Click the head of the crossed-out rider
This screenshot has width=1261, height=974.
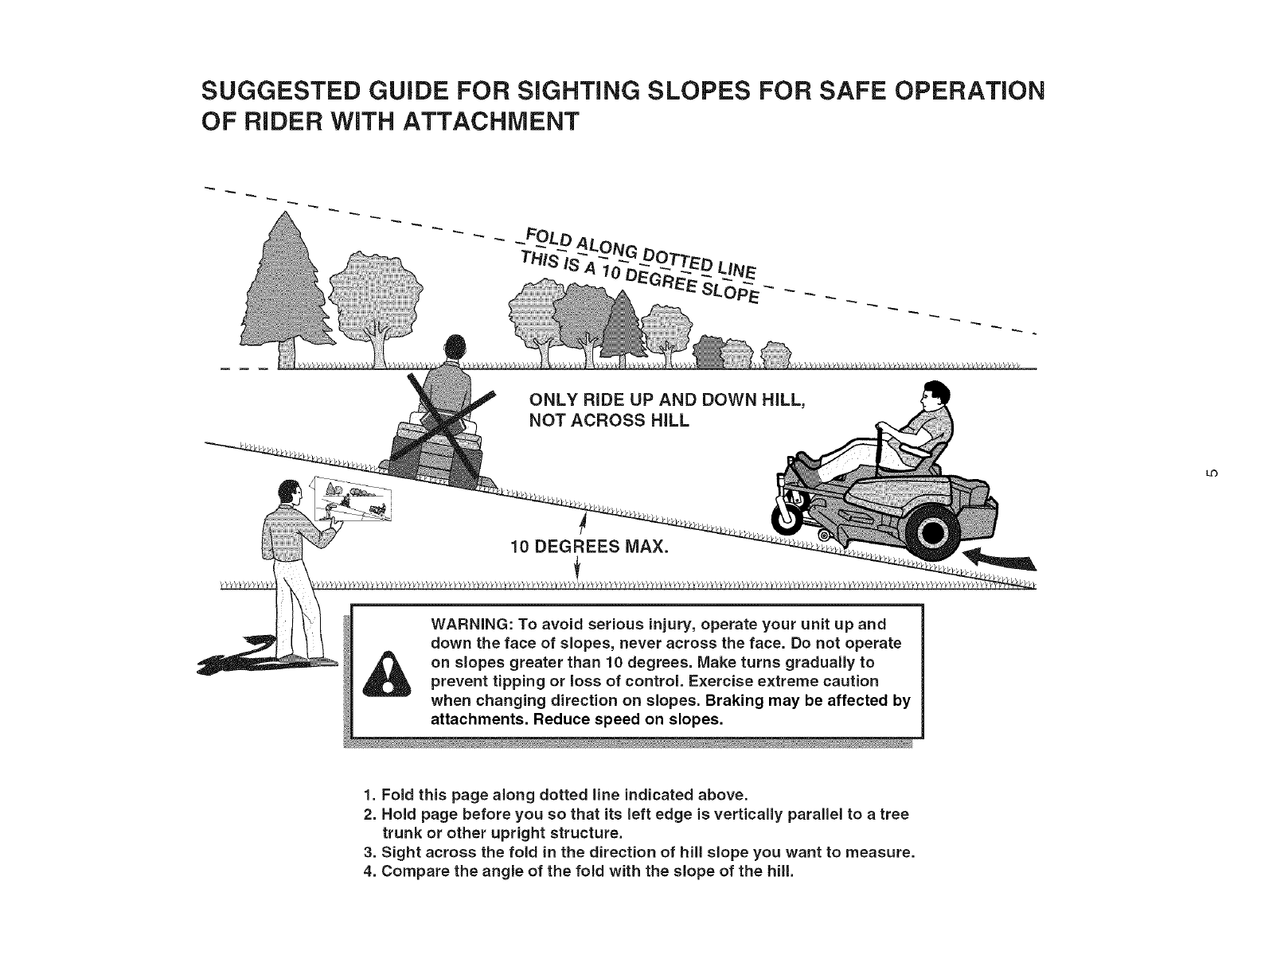pos(455,349)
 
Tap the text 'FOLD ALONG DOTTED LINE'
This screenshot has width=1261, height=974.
pos(637,247)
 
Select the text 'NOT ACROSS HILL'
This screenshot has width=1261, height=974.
pos(609,420)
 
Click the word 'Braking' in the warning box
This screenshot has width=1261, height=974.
pos(735,702)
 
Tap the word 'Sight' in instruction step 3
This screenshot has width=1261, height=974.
pos(400,852)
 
